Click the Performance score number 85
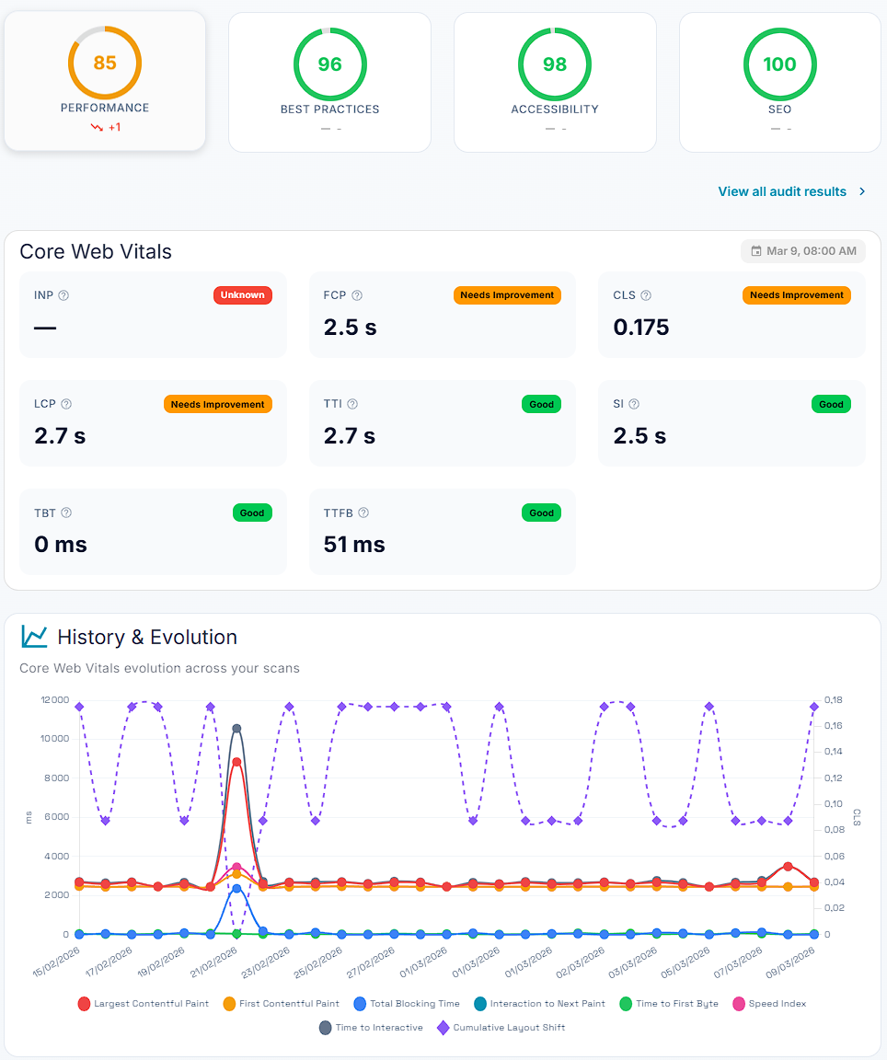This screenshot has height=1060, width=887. click(x=105, y=63)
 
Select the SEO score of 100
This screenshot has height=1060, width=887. click(x=779, y=64)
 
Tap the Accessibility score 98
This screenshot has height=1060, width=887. click(x=555, y=64)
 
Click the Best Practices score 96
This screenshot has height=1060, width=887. click(x=329, y=64)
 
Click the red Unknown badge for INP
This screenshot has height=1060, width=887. click(x=243, y=295)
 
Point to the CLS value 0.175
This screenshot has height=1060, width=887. click(x=641, y=328)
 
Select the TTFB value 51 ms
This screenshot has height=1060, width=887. click(x=354, y=545)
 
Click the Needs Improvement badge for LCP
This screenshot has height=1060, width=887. click(x=218, y=404)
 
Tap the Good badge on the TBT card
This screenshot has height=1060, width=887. click(x=252, y=513)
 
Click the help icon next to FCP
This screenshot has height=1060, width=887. click(x=357, y=295)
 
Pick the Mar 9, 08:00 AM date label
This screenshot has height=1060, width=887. click(x=803, y=251)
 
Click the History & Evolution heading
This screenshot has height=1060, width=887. click(x=147, y=637)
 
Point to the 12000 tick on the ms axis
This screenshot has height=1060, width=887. click(x=55, y=700)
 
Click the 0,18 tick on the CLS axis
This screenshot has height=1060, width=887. click(x=832, y=700)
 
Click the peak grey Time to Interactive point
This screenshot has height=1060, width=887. click(x=236, y=728)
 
